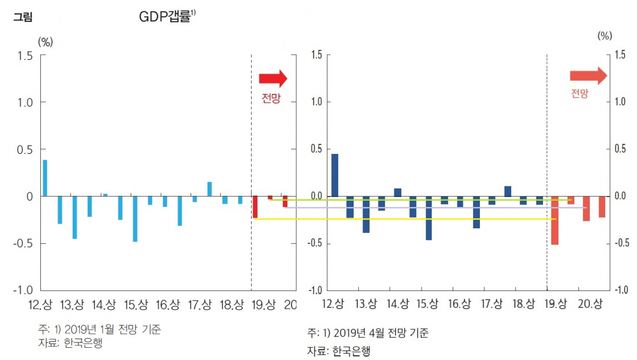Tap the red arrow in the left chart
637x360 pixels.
[273, 79]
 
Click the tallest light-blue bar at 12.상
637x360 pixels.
[45, 178]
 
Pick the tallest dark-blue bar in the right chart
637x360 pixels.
[334, 175]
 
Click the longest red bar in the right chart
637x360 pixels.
[555, 220]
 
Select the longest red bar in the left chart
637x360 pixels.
[255, 207]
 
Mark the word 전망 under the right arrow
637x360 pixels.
[580, 94]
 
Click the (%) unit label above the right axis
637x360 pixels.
[605, 36]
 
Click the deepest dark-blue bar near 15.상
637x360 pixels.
[428, 218]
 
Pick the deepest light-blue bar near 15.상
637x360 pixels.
[135, 219]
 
